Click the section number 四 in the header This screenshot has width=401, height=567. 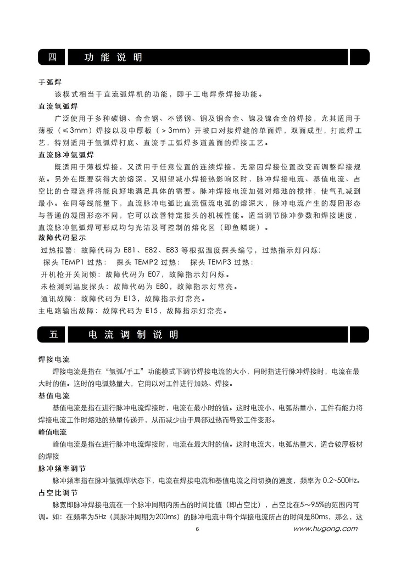coord(52,57)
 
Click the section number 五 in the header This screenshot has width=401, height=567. coord(52,334)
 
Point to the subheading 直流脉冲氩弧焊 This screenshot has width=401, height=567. coord(66,154)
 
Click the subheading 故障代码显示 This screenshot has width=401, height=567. coord(62,238)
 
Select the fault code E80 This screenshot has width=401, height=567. coord(159,287)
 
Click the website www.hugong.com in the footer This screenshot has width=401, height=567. coord(325,529)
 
